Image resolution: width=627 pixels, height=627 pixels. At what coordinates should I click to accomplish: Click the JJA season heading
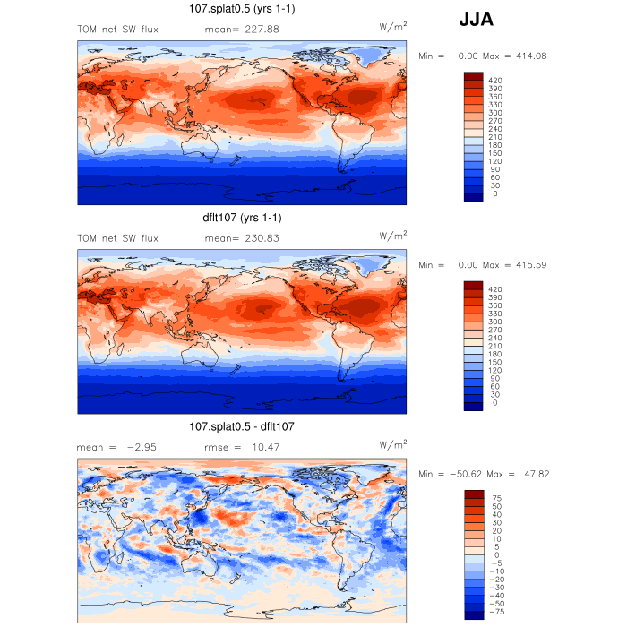tap(476, 19)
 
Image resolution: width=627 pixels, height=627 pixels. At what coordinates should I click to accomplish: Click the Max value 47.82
tap(530, 474)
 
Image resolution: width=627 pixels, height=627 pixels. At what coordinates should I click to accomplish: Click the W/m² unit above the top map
tap(393, 29)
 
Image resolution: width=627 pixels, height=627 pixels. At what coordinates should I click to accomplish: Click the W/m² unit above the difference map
tap(393, 445)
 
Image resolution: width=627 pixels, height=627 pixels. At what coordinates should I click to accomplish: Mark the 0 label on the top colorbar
tap(494, 193)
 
